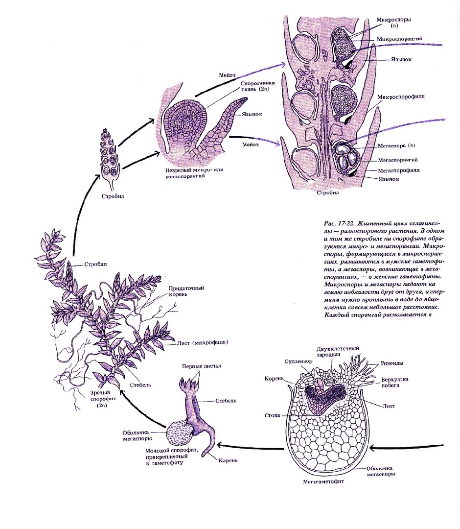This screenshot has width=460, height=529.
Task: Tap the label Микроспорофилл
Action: [x=401, y=97]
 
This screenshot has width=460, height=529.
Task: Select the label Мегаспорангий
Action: [x=397, y=160]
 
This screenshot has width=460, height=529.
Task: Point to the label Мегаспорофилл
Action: [x=398, y=170]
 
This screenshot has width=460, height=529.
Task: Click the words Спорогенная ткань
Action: [x=254, y=87]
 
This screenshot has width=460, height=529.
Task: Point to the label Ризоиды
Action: [x=392, y=363]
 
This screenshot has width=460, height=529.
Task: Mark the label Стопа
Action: [x=273, y=415]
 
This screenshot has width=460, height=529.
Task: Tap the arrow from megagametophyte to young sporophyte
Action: [x=250, y=445]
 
